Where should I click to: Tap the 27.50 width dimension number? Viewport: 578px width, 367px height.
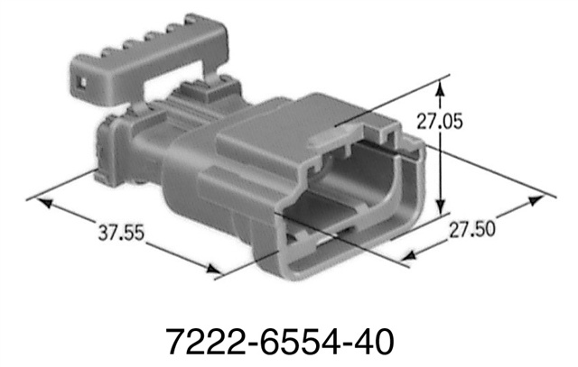click(471, 229)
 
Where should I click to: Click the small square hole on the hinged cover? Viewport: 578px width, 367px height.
click(82, 87)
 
